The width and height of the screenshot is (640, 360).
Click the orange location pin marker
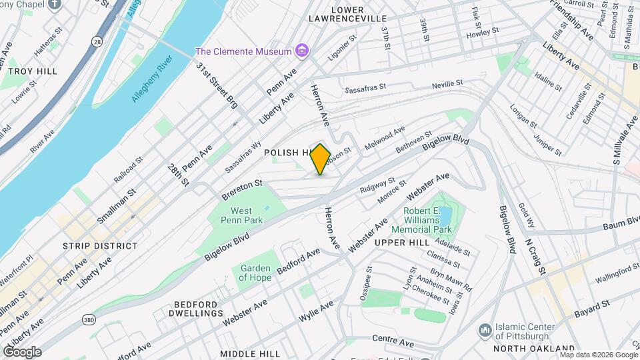(x=321, y=159)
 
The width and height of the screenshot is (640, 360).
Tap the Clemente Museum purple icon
(x=302, y=51)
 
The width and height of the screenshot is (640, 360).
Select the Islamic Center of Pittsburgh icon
(x=485, y=331)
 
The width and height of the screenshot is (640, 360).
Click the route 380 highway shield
(x=89, y=321)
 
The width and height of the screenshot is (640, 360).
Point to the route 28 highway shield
(x=97, y=42)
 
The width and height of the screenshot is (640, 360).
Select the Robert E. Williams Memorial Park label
(x=427, y=221)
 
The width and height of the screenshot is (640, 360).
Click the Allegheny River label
(x=153, y=79)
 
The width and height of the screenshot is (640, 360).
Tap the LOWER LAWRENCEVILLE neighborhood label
(x=337, y=14)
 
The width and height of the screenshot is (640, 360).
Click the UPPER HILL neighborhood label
(x=401, y=242)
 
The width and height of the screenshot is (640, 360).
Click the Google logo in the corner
(x=21, y=351)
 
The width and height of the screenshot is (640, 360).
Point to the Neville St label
(x=447, y=84)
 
